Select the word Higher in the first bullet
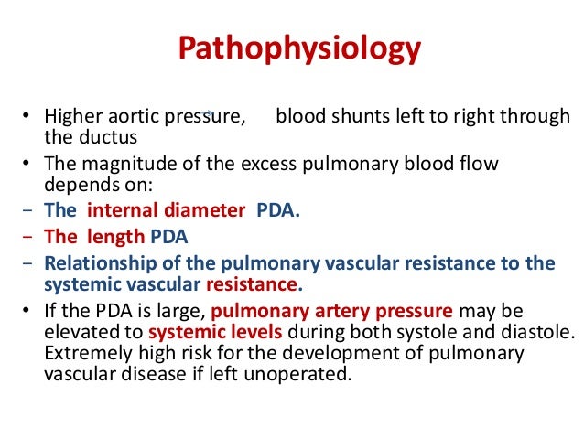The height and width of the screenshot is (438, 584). [x=74, y=118]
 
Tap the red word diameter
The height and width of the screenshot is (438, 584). [x=211, y=210]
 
